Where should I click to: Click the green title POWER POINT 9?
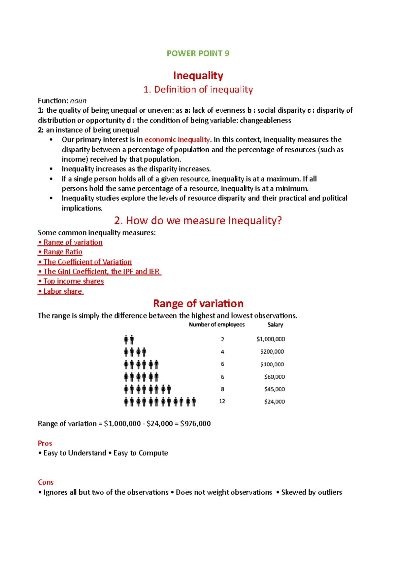(x=198, y=54)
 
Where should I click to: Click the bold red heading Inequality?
(x=198, y=76)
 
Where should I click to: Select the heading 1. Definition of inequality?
(x=198, y=90)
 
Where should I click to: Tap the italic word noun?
(x=78, y=101)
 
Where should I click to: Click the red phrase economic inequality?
(x=177, y=140)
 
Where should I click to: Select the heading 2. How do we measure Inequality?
(x=198, y=220)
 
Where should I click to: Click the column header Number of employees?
(x=217, y=325)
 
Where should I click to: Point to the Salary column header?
(x=275, y=325)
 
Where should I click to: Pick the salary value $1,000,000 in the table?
(x=271, y=339)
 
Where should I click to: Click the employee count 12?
(x=222, y=401)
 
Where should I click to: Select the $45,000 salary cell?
(x=274, y=389)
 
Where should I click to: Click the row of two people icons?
(x=129, y=340)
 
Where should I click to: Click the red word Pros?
(x=45, y=443)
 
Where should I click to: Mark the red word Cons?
(x=46, y=482)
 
